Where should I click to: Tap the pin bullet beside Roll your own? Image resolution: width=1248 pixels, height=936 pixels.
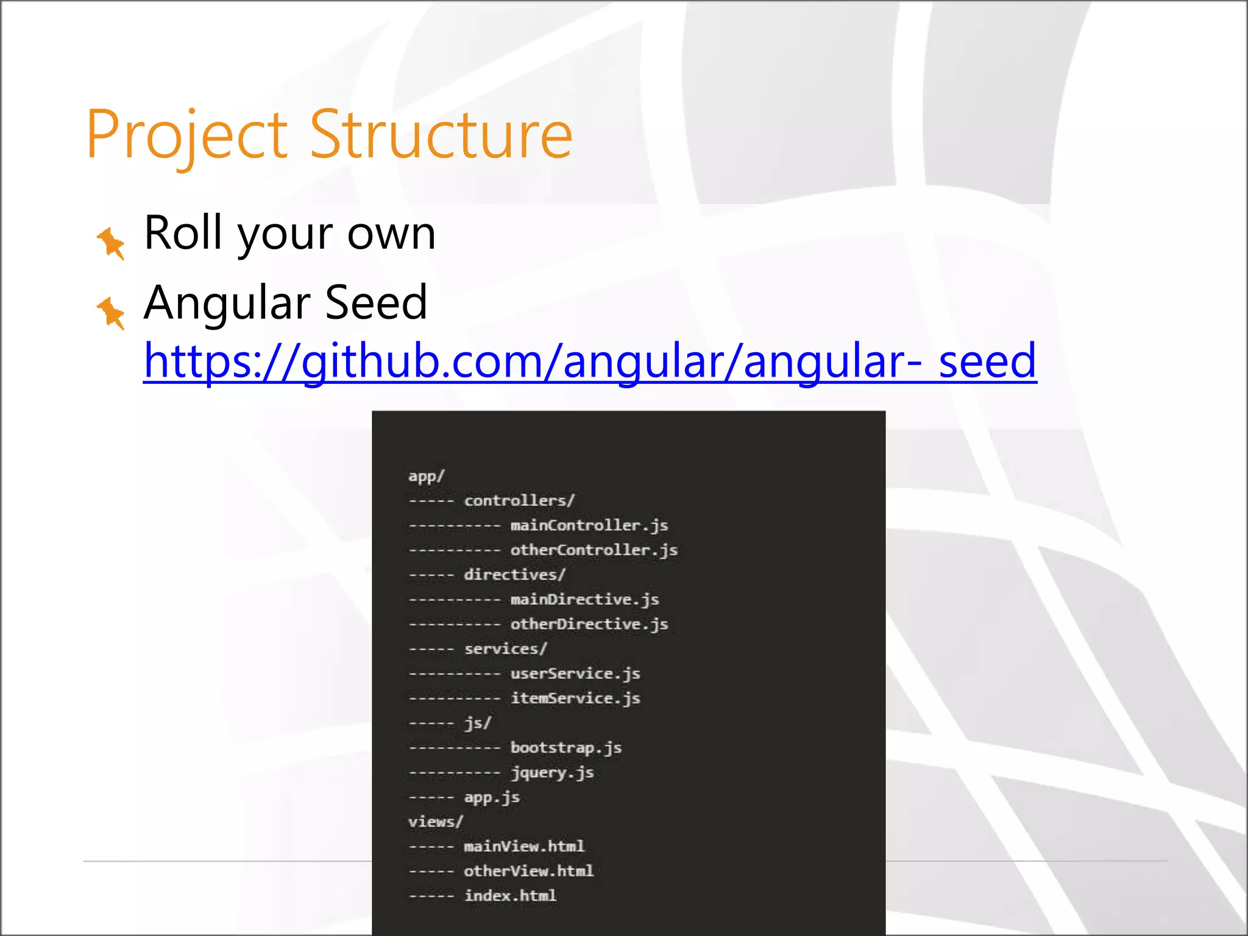point(111,243)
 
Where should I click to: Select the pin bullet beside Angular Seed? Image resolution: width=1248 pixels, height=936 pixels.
point(111,313)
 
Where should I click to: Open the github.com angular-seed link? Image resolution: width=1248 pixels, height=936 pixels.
point(590,361)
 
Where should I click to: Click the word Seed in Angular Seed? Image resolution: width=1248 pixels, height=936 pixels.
point(376,302)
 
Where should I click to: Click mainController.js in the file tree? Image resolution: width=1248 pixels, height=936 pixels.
point(589,525)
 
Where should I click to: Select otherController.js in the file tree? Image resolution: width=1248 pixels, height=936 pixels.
point(594,550)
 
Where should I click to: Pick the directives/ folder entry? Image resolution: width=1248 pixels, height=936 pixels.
point(515,575)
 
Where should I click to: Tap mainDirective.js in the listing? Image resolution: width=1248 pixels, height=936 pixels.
point(584,600)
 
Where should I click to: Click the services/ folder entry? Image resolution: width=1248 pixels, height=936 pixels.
point(506,649)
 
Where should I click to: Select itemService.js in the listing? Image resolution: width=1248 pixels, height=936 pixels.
point(575,698)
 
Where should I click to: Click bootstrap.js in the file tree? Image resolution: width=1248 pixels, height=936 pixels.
point(566,748)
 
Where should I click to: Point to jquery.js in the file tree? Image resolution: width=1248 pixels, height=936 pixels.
point(552,773)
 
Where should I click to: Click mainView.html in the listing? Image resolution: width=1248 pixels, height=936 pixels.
point(524,846)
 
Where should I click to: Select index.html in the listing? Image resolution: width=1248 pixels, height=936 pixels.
point(510,896)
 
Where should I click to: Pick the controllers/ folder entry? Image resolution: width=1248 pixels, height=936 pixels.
point(519,501)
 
